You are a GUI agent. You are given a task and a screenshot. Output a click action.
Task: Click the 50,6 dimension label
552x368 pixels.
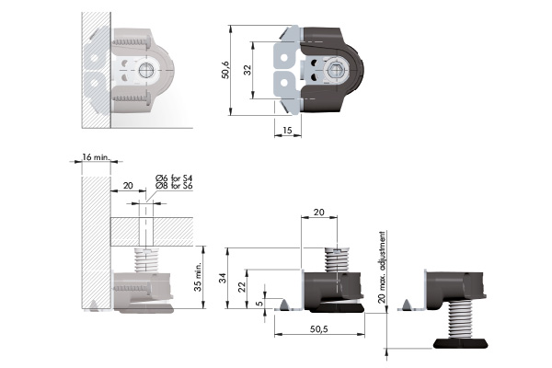tap(225, 70)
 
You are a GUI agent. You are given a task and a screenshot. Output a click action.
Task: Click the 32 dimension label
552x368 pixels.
tap(247, 70)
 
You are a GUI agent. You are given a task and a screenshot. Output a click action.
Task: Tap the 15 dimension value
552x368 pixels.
tap(287, 131)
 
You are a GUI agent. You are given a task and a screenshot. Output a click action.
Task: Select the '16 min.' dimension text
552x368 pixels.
tap(96, 156)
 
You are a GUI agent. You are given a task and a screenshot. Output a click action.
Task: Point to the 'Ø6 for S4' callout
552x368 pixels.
tap(174, 178)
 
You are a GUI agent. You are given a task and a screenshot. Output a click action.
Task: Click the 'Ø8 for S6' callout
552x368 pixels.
tap(174, 186)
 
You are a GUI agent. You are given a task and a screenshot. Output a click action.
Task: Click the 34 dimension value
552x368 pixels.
tap(223, 278)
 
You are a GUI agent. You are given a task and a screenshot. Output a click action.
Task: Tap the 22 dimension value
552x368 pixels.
tap(241, 287)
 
